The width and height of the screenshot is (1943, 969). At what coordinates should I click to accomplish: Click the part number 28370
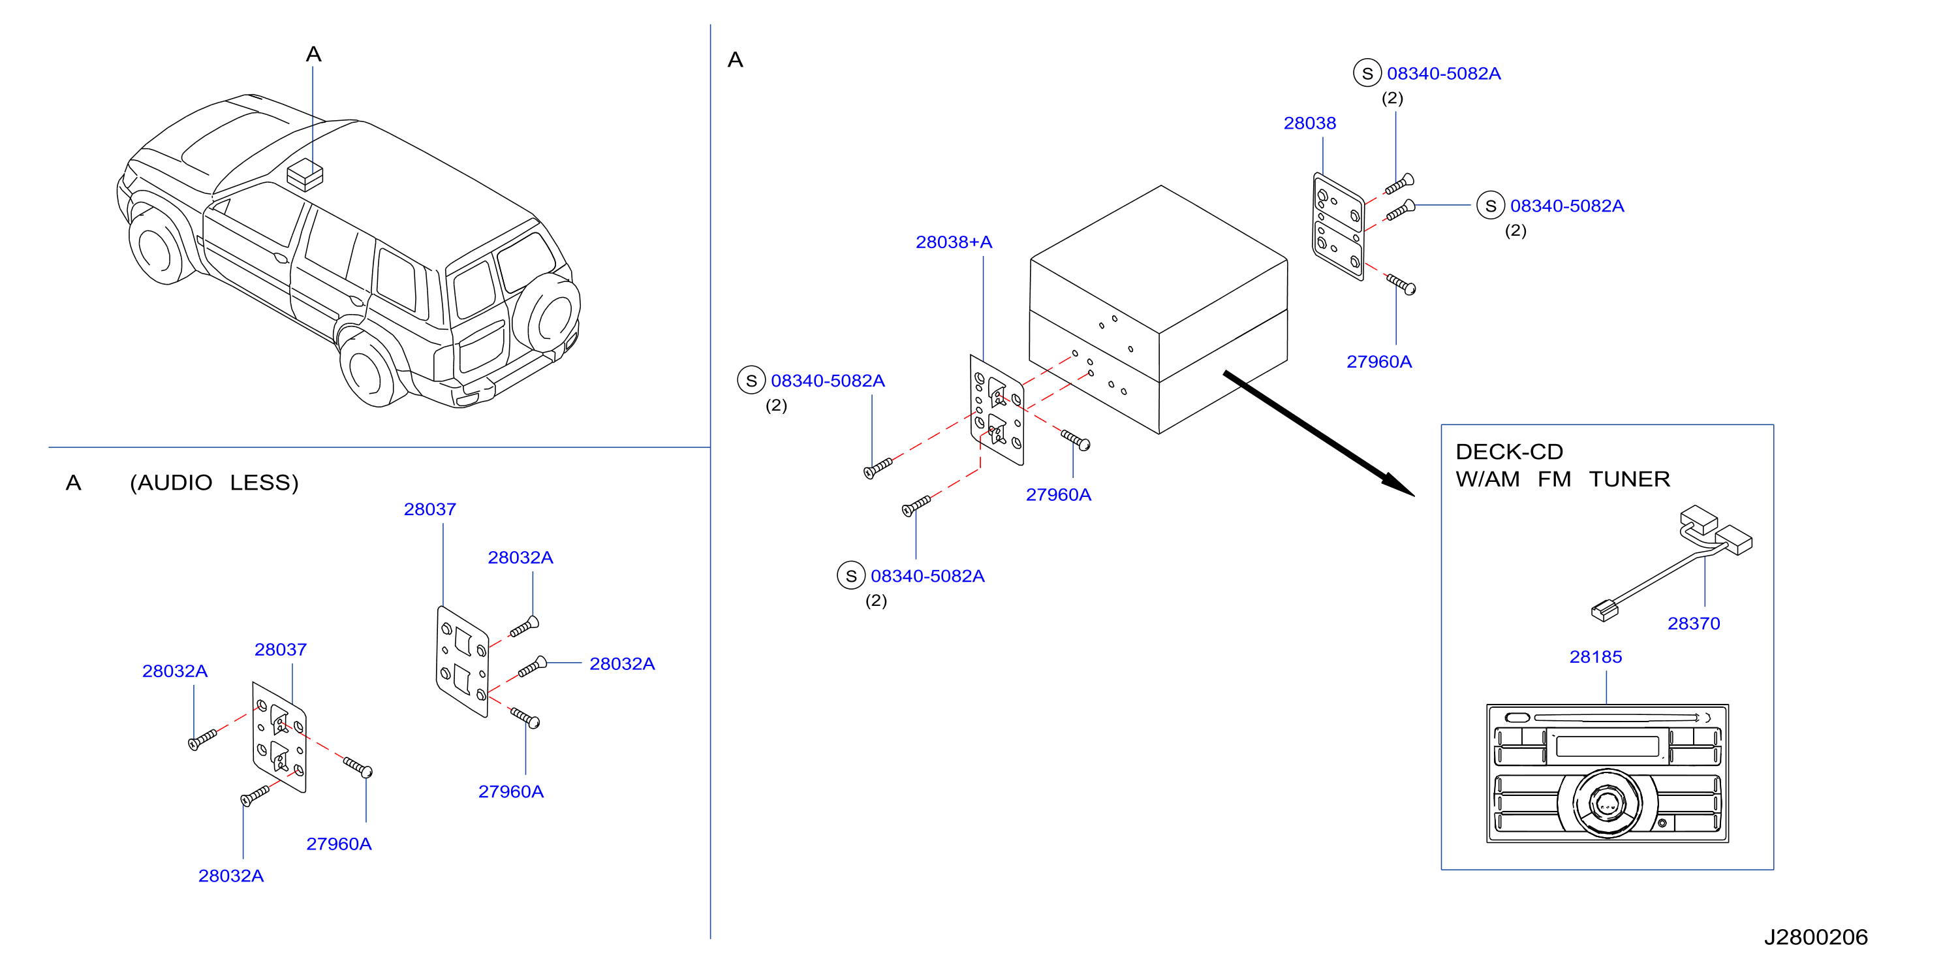[x=1693, y=624]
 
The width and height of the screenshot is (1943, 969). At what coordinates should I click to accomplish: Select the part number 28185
[x=1595, y=657]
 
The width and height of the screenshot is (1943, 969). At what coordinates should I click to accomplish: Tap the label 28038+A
[x=954, y=242]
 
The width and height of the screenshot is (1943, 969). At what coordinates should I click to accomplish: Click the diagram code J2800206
[x=1816, y=936]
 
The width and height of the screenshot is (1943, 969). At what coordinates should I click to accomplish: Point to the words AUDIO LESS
[x=214, y=483]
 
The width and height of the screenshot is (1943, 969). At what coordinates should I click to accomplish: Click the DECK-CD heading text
[x=1508, y=451]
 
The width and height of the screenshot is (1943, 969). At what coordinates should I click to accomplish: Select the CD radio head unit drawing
[x=1608, y=774]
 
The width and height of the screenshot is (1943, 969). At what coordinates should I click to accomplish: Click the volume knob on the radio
[x=1608, y=804]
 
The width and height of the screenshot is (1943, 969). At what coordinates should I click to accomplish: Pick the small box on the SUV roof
[x=305, y=174]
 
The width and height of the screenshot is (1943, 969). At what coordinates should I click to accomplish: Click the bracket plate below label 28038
[x=1338, y=227]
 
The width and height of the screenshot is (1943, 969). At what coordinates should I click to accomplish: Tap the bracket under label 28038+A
[x=997, y=410]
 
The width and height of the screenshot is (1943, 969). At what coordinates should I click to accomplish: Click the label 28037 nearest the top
[x=429, y=509]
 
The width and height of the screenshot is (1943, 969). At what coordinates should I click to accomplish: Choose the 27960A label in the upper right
[x=1379, y=362]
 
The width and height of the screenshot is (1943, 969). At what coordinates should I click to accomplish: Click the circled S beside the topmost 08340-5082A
[x=1367, y=73]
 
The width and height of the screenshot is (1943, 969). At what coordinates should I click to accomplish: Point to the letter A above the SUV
[x=314, y=54]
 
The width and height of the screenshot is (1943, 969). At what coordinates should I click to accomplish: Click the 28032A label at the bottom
[x=231, y=876]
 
